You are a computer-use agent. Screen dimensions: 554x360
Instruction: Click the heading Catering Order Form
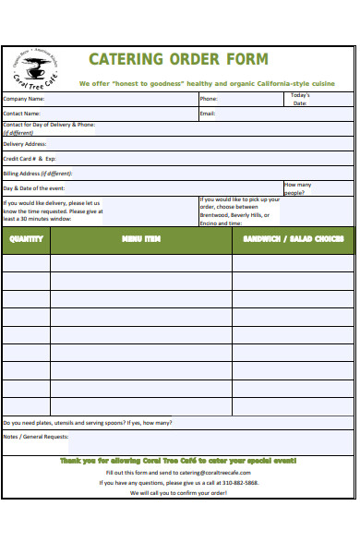(178, 60)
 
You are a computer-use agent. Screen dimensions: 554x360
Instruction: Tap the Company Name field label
(24, 99)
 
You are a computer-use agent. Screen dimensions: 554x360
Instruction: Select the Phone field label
(209, 99)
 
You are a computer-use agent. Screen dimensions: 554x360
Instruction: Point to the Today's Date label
(300, 99)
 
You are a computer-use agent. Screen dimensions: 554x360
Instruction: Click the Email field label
(208, 114)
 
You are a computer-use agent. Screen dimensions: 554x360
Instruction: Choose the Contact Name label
(22, 114)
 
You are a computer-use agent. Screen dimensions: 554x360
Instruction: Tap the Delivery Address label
(25, 144)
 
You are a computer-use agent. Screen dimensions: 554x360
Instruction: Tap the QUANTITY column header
(26, 239)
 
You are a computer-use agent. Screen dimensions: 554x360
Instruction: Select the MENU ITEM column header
(141, 239)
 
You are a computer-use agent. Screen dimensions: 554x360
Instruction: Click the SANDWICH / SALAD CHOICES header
(293, 239)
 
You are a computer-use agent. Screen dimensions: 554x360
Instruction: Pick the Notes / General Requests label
(36, 437)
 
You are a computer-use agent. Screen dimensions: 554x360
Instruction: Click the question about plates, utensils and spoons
(88, 423)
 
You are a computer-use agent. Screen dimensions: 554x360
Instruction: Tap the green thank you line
(178, 459)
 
